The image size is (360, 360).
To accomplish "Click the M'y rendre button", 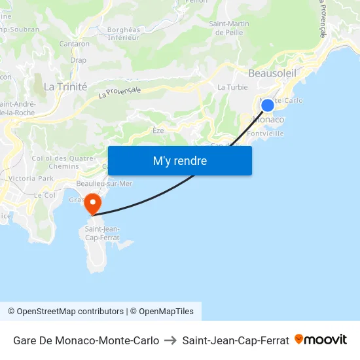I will click(179, 161).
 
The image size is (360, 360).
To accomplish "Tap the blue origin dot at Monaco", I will click(267, 105).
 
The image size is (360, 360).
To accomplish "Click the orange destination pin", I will click(93, 203).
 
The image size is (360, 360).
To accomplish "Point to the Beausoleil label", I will click(272, 74).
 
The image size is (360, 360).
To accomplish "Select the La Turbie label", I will click(230, 87).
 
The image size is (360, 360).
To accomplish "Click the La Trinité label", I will click(65, 86).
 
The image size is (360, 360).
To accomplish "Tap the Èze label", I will click(158, 130).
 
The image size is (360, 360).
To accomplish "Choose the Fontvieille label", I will click(266, 133).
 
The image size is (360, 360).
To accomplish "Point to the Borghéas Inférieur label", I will click(124, 33).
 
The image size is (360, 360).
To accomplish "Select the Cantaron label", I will click(74, 44).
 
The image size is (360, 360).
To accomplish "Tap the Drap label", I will click(78, 60).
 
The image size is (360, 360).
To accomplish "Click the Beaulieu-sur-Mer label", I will click(104, 183).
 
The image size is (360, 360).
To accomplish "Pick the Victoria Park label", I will click(31, 178).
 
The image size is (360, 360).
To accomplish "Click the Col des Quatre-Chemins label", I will click(63, 162).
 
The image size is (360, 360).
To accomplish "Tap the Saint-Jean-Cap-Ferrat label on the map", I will click(101, 232).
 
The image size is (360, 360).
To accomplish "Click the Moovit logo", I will click(321, 340).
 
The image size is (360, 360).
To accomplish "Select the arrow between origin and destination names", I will click(170, 340).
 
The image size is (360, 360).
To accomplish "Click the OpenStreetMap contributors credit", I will click(65, 312).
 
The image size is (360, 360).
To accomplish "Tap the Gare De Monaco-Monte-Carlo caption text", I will click(86, 340).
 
